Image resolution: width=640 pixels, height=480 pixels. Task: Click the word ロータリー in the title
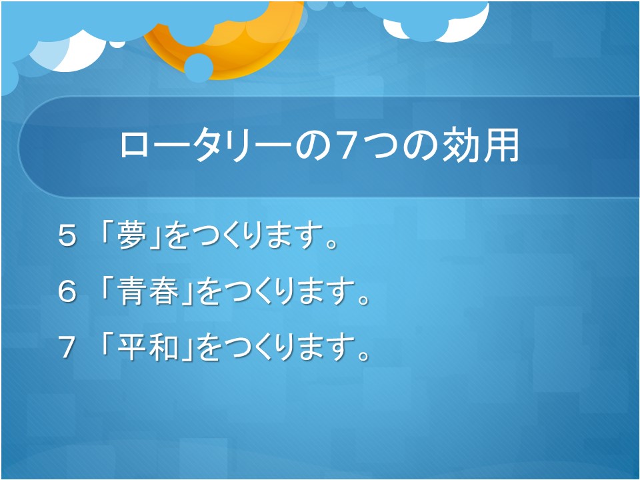tap(206, 146)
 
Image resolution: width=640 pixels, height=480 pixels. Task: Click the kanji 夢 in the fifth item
tap(132, 235)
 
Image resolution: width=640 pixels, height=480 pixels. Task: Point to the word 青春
tap(148, 291)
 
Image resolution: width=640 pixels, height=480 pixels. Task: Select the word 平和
tap(148, 347)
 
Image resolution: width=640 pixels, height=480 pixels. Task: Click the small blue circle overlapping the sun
tap(199, 68)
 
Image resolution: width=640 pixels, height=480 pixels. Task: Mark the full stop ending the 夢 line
tap(332, 244)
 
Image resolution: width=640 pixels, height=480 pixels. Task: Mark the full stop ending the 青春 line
tap(363, 300)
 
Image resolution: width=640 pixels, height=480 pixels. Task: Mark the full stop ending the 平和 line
tap(363, 356)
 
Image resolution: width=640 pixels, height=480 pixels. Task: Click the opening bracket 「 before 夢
tap(107, 233)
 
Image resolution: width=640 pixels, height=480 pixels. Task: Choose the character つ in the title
tap(382, 145)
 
